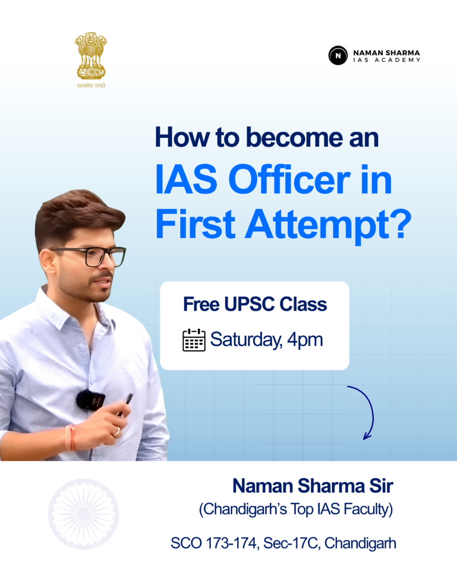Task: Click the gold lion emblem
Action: [91, 56]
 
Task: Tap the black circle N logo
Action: [338, 55]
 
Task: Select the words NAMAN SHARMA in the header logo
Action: [386, 53]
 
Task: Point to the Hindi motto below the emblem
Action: [91, 85]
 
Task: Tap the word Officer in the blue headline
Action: [290, 179]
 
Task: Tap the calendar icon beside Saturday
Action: [194, 340]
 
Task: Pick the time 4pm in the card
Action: [305, 340]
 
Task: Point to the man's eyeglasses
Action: [91, 255]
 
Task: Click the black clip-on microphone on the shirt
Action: [90, 399]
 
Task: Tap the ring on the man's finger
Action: [117, 433]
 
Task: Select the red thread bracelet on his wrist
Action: [70, 437]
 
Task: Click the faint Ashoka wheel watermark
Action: [84, 514]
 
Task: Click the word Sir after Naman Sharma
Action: [381, 486]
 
